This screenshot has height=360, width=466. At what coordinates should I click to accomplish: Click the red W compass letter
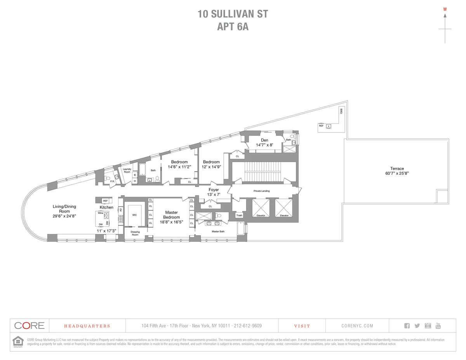[x=445, y=9]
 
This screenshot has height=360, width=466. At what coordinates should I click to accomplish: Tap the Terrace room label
[x=397, y=169]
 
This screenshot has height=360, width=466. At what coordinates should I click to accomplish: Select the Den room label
[x=264, y=140]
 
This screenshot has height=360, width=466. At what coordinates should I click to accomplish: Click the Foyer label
[x=214, y=190]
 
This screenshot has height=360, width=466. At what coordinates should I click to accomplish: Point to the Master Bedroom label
[x=171, y=215]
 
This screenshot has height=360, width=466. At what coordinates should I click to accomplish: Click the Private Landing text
[x=261, y=191]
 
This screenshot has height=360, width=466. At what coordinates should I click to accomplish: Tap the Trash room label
[x=239, y=215]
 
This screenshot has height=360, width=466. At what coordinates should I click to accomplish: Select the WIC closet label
[x=134, y=215]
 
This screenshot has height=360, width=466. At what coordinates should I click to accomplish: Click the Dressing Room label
[x=135, y=233]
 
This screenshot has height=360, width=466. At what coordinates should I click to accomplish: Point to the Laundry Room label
[x=127, y=170]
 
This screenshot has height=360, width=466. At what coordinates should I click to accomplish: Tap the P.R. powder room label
[x=112, y=181]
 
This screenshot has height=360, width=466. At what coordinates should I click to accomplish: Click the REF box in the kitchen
[x=105, y=201]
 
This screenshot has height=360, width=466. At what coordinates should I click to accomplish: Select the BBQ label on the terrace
[x=342, y=111]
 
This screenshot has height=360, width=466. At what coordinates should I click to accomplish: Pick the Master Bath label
[x=218, y=231]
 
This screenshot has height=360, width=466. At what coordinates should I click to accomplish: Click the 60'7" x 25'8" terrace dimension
[x=397, y=174]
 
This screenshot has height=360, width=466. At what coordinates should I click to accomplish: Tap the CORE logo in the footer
[x=30, y=326]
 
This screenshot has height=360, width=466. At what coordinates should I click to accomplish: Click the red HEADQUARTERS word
[x=87, y=326]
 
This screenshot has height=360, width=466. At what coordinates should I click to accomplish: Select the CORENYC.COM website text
[x=357, y=326]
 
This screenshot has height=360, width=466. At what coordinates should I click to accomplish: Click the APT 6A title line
[x=233, y=27]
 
